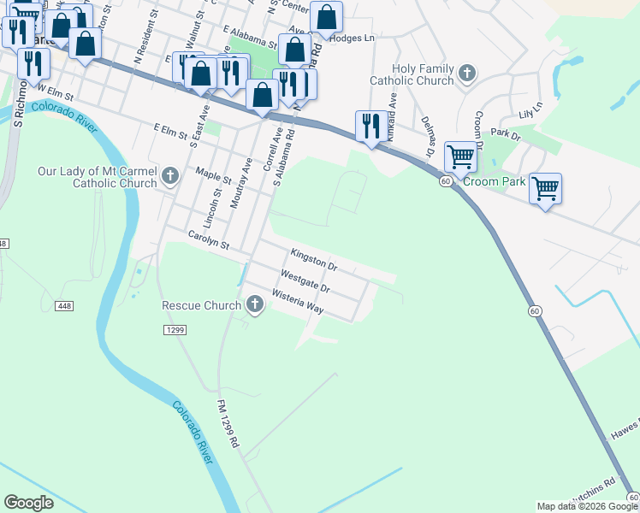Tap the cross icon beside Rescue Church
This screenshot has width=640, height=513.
[255, 304]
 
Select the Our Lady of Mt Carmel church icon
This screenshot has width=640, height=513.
[169, 177]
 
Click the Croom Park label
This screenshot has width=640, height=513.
[494, 182]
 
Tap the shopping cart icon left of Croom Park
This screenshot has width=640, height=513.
[460, 156]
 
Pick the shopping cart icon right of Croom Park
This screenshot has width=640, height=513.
[545, 186]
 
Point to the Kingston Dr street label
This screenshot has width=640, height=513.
[315, 260]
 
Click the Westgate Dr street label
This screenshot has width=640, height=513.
[305, 280]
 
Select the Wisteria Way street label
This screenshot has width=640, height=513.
[297, 303]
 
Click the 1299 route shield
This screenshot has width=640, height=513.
[175, 329]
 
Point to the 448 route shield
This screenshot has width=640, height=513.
[63, 305]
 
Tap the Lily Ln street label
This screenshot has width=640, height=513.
[530, 110]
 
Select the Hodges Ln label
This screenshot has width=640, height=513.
[353, 38]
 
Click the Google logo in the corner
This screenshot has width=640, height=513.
[28, 503]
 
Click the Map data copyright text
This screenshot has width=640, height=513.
[587, 506]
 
